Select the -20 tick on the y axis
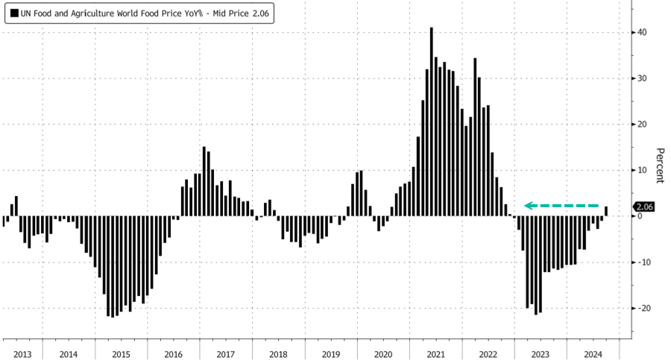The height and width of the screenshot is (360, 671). pyautogui.click(x=642, y=308)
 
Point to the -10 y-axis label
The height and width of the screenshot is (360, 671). pyautogui.click(x=642, y=262)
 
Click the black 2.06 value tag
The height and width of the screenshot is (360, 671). pyautogui.click(x=643, y=207)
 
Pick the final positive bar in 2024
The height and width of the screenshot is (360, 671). pyautogui.click(x=606, y=211)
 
